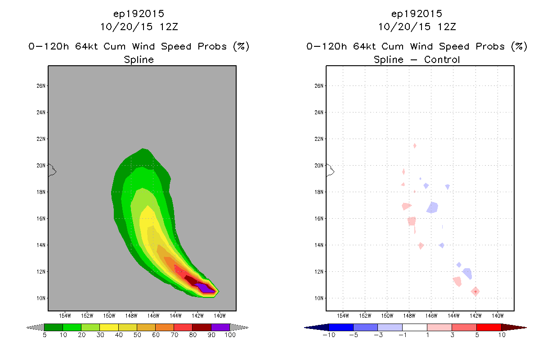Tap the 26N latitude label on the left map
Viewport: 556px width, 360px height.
click(41, 86)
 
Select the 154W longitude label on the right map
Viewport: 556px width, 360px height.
click(343, 316)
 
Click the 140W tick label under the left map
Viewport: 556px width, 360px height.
click(220, 316)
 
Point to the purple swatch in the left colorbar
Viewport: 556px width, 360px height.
click(220, 327)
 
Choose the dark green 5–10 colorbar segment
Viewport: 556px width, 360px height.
click(54, 327)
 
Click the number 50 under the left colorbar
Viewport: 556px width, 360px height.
click(137, 335)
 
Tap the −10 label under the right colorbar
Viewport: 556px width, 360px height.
click(329, 335)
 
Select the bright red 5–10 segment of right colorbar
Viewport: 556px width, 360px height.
click(489, 327)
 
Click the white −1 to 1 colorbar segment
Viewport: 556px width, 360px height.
click(415, 327)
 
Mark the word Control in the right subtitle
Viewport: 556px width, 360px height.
click(442, 59)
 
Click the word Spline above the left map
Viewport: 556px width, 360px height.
click(139, 60)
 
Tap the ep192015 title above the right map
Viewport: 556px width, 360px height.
click(417, 14)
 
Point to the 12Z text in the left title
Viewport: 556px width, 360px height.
click(169, 27)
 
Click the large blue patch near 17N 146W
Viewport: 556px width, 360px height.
click(432, 207)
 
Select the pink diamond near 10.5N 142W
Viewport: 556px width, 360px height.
click(475, 292)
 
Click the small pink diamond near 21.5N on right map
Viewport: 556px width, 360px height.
click(414, 146)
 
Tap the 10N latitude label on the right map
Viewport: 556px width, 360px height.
click(319, 298)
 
